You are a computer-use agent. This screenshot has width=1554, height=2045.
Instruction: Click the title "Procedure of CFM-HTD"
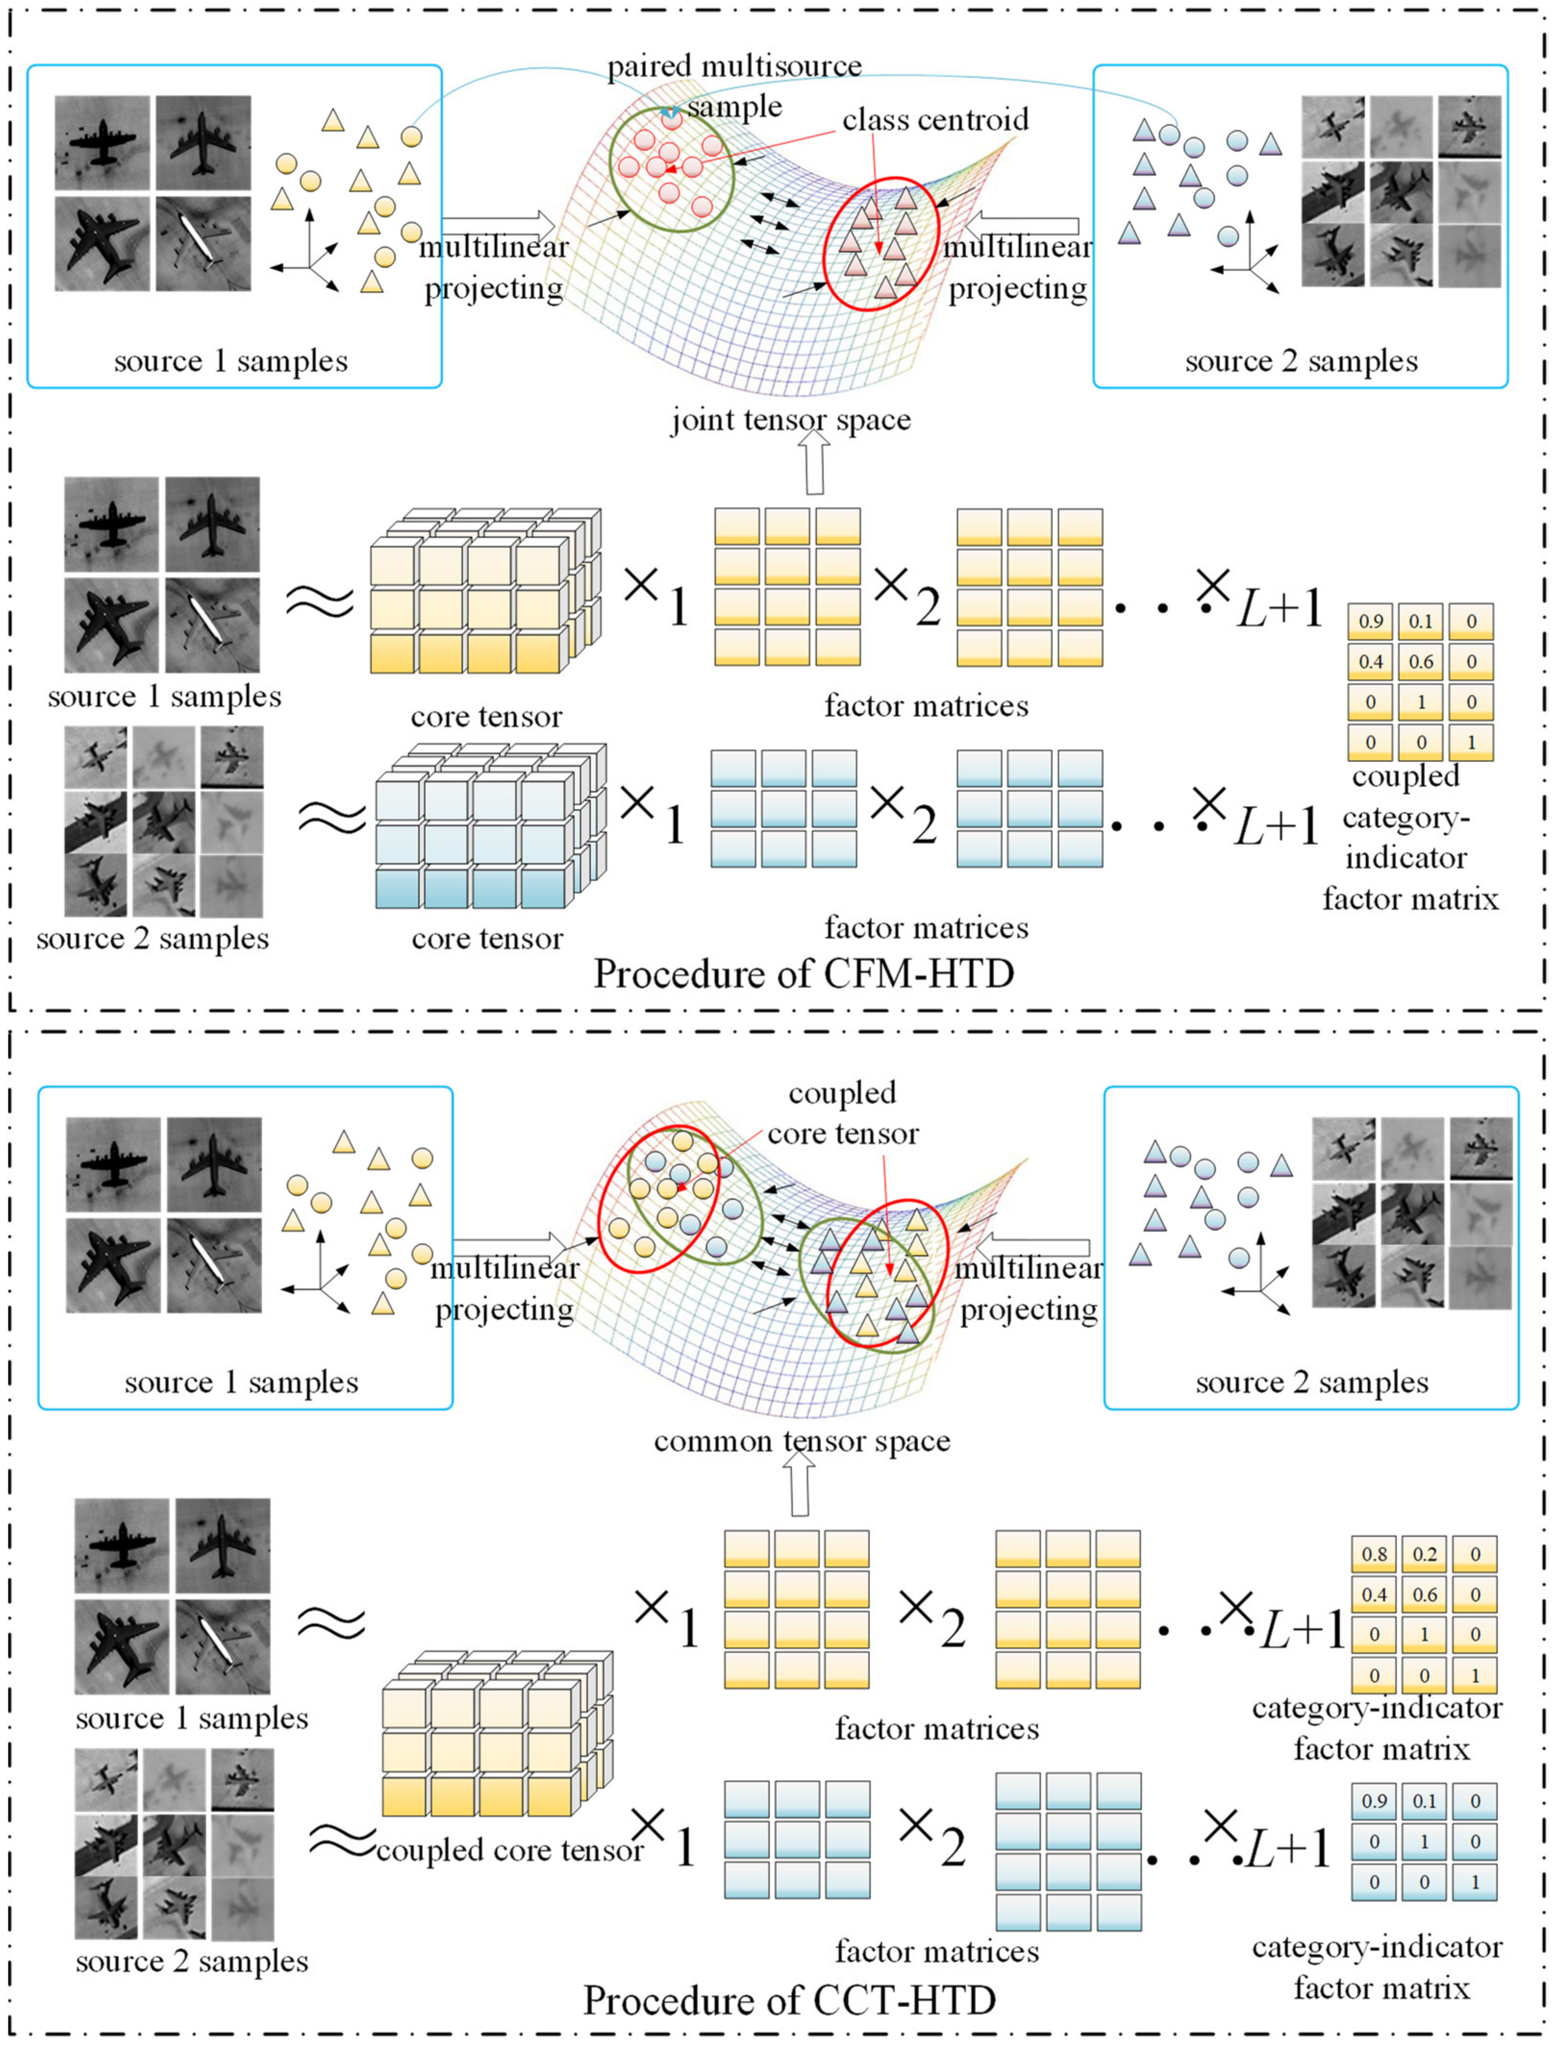tap(804, 974)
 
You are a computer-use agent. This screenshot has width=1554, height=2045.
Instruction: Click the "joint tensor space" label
tap(791, 421)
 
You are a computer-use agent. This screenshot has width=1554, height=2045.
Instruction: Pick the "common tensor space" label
tap(802, 1441)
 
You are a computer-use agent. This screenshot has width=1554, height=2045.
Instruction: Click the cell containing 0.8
tap(1375, 1555)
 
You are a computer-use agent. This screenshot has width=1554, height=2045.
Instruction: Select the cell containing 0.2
tap(1425, 1555)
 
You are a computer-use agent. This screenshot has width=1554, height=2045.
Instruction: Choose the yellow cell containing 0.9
tap(1371, 622)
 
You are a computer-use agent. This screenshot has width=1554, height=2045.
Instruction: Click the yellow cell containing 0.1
tap(1421, 622)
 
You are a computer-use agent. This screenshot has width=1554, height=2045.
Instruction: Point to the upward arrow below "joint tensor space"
tap(814, 464)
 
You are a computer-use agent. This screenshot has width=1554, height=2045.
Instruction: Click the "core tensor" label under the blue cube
tap(488, 939)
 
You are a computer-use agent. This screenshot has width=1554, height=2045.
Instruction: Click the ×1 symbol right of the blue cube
tap(652, 814)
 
